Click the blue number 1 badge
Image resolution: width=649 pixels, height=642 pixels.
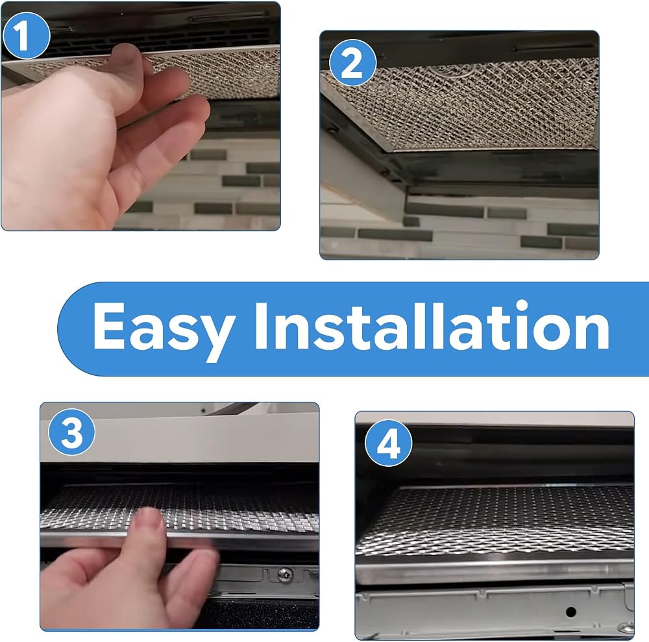27,36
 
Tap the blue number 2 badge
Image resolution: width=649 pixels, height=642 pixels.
352,62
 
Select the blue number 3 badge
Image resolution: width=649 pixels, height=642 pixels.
71,432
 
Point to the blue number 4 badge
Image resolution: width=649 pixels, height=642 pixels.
388,443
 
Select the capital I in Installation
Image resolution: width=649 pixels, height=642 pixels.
262,326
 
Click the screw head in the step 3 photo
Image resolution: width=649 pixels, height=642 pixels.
285,574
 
